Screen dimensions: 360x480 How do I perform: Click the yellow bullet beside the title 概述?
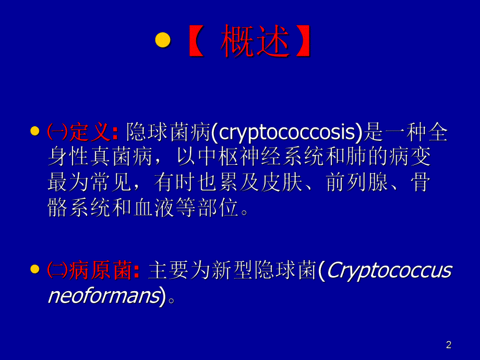point(164,41)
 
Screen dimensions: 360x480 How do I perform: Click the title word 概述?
point(255,41)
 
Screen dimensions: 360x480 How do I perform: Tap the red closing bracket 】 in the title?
point(302,41)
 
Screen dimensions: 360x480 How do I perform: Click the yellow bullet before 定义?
point(35,131)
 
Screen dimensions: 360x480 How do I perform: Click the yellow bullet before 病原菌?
point(35,269)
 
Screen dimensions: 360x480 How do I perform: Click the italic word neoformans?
point(103,296)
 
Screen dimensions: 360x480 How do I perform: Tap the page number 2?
point(449,344)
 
